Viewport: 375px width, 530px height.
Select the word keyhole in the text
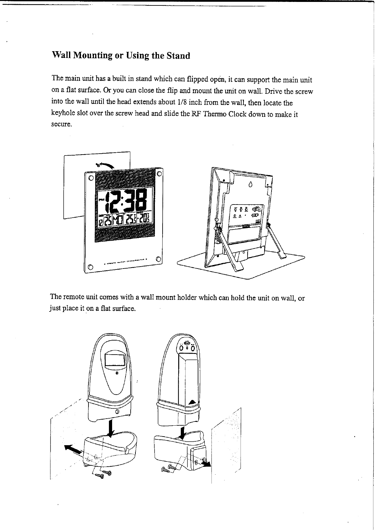(62, 114)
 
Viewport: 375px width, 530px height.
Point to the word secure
(61, 124)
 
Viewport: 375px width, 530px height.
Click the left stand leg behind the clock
(228, 246)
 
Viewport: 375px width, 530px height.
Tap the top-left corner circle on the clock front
(91, 178)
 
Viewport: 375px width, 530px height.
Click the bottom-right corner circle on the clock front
(158, 259)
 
